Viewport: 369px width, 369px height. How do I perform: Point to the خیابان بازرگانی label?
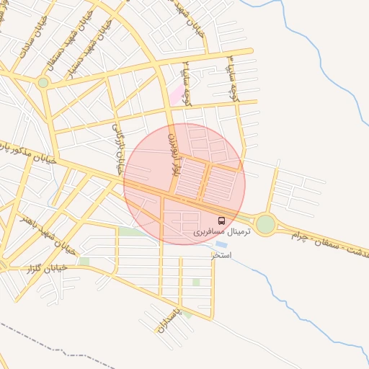117,148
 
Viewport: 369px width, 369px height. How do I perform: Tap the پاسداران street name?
165,318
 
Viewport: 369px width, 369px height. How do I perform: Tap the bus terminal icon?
221,221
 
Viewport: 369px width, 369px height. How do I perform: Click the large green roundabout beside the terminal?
265,224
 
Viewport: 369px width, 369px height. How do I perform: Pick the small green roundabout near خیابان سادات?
43,83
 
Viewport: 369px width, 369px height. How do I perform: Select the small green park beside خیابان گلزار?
84,261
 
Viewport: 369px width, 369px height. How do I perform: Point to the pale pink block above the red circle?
175,94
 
